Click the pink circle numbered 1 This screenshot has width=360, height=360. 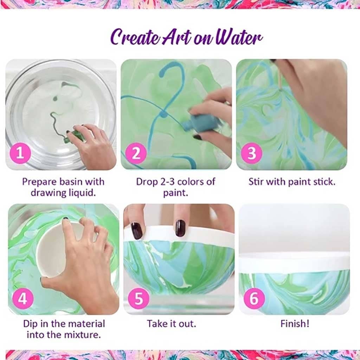pos(20,153)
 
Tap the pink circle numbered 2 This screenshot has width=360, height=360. pos(136,153)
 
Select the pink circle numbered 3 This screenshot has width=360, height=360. pos(252,153)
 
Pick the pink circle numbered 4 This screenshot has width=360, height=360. pos(23,298)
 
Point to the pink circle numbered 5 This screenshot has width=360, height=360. pos(139,298)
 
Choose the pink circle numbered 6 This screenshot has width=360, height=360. pos(254,298)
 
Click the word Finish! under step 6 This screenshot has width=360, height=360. pos(295,324)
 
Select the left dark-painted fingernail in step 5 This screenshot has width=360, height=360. pos(137,231)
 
